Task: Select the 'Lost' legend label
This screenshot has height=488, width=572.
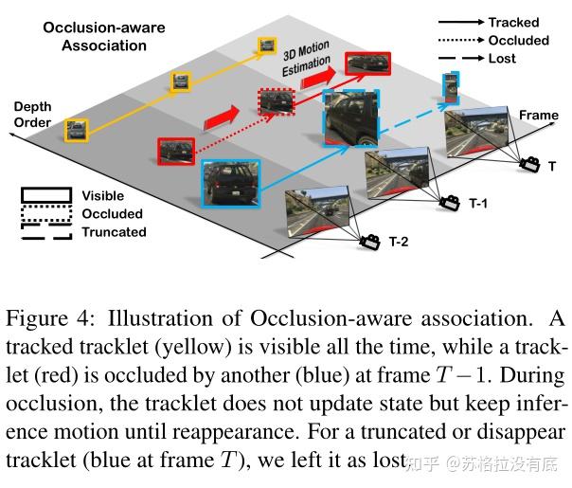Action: [504, 59]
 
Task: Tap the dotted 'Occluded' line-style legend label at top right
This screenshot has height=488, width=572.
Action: [518, 40]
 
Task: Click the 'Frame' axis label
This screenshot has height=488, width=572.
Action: [538, 115]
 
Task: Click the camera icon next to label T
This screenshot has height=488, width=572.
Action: [527, 164]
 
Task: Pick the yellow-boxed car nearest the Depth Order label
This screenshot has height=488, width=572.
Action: [78, 128]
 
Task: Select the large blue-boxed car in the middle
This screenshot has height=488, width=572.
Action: [351, 119]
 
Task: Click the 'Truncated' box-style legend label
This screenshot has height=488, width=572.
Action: [114, 232]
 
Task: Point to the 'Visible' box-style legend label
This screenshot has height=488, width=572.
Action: [103, 196]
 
